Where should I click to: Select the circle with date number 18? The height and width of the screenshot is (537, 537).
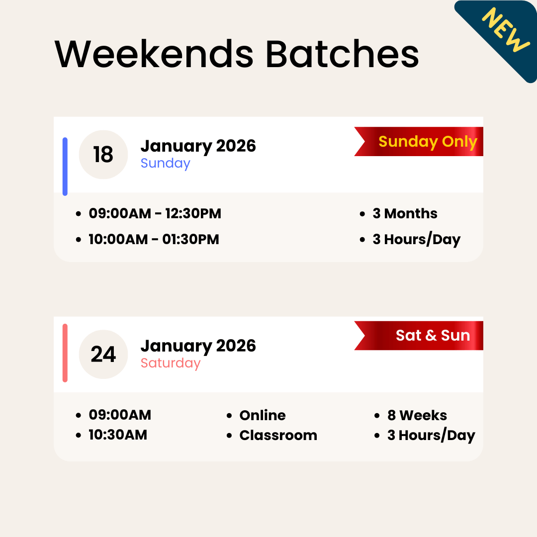(103, 155)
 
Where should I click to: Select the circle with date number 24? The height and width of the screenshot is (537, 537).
(103, 355)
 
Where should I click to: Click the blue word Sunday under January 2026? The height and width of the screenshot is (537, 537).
(165, 163)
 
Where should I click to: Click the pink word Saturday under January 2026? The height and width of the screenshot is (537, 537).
(170, 363)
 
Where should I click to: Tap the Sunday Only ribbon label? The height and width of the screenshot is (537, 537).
(428, 142)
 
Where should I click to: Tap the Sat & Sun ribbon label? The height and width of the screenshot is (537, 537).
(433, 336)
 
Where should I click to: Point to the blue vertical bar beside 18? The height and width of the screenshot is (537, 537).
(65, 167)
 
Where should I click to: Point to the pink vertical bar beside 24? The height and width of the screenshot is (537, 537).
(65, 353)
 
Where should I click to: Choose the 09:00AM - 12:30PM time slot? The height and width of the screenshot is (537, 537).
(155, 214)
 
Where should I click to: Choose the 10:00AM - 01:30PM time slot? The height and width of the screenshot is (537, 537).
(154, 239)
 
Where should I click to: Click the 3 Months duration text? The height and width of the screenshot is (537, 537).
(405, 214)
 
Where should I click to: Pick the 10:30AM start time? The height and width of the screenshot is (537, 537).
(118, 435)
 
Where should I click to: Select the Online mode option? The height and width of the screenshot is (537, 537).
(262, 415)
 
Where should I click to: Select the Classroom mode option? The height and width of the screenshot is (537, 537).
(278, 436)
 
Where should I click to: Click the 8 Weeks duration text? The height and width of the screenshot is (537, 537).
(417, 415)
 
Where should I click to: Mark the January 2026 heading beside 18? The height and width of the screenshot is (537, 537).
(198, 146)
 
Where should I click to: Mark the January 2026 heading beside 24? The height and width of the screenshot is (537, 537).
(198, 346)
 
